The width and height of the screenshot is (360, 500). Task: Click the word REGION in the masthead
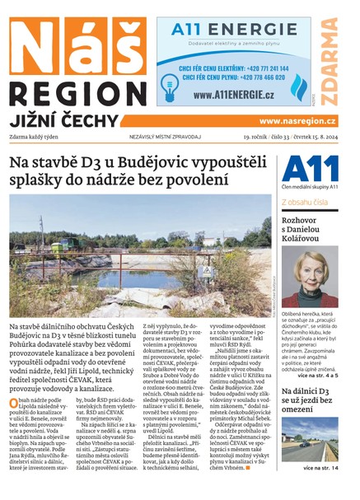tap(75, 91)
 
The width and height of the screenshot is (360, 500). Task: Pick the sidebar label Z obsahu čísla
tap(305, 201)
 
